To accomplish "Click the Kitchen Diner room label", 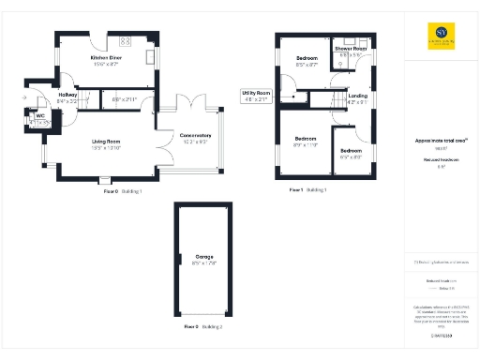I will [105, 59].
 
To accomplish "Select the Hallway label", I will [67, 95].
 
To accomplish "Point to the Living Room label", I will [107, 142].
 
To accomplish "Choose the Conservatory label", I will [195, 137].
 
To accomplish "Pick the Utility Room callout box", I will [256, 97].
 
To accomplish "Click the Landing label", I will [357, 96].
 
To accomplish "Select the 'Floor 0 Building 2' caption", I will [202, 325].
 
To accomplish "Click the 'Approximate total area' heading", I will [441, 141].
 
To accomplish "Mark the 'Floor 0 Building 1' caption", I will [123, 189].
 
